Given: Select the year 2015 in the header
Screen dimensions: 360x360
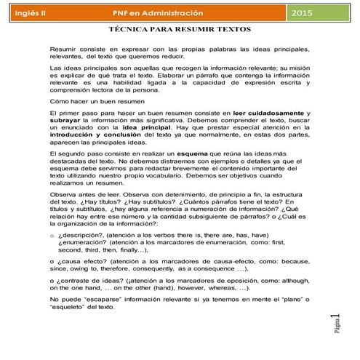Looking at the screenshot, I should (x=323, y=14).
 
